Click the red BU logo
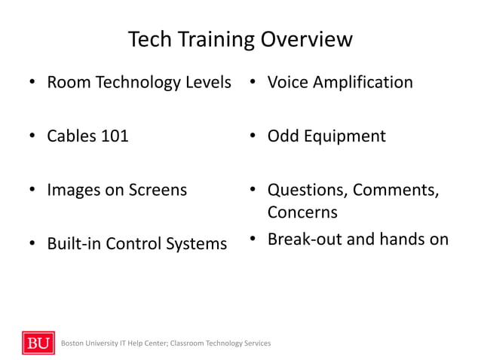coord(38,343)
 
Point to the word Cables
coord(71,136)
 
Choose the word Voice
coord(288,82)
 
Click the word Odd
coord(284,136)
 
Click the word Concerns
coord(302,212)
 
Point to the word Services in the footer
coord(256,343)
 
